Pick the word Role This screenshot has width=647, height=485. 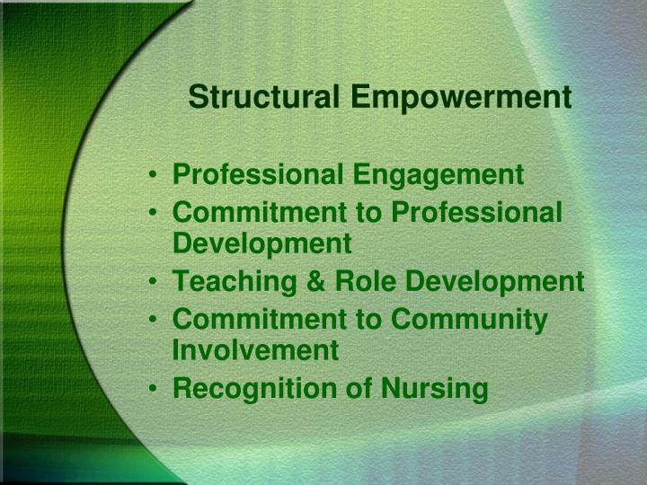pyautogui.click(x=359, y=282)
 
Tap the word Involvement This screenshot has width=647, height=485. pyautogui.click(x=255, y=350)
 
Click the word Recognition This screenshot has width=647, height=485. pyautogui.click(x=247, y=388)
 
